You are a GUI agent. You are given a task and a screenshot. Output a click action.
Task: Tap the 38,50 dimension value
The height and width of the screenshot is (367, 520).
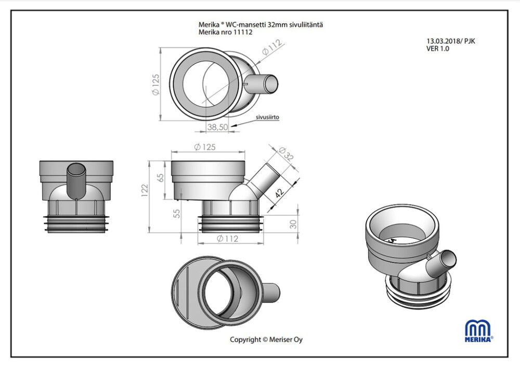[x=218, y=127]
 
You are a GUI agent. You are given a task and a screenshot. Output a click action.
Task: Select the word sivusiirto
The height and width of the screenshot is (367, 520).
[x=267, y=117]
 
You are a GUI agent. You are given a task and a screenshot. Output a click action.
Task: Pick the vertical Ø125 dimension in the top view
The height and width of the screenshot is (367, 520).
[x=155, y=84]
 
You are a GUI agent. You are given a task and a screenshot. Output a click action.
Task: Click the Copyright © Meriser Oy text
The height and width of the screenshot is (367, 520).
[x=266, y=339]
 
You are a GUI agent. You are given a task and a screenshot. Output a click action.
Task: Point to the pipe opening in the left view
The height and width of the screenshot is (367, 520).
[x=77, y=170]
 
